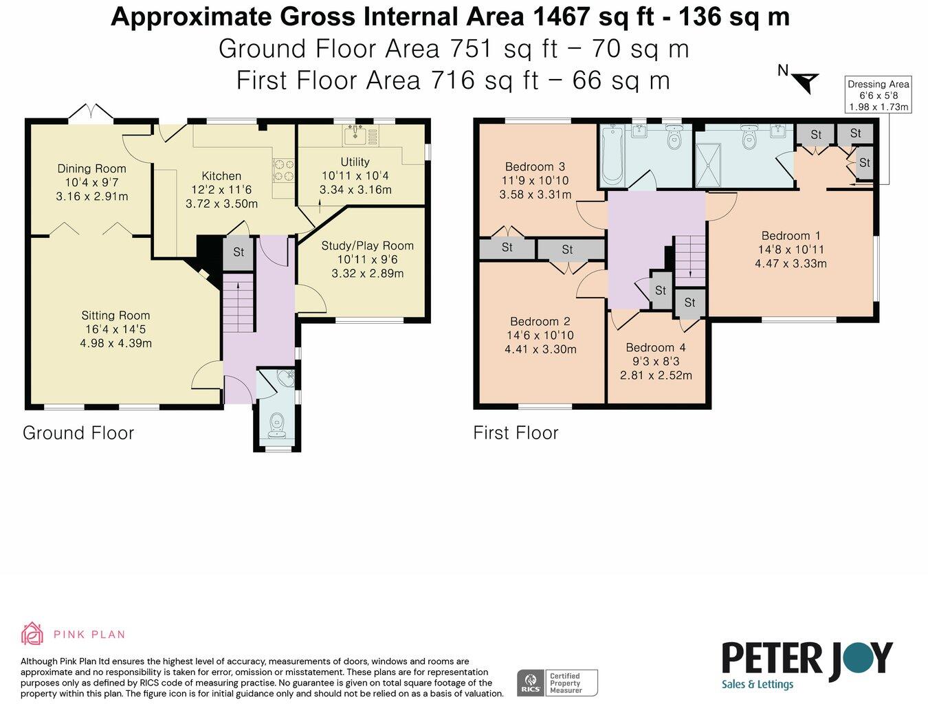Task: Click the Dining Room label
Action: (x=91, y=168)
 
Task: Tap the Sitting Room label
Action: (x=115, y=316)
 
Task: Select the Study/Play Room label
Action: (x=367, y=245)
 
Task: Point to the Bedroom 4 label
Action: (x=656, y=348)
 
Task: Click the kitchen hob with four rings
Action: (x=284, y=170)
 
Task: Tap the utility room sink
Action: (x=355, y=135)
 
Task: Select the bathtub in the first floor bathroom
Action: (x=612, y=157)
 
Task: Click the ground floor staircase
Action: (x=239, y=302)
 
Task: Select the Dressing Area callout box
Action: (x=878, y=95)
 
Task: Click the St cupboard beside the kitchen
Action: (x=239, y=252)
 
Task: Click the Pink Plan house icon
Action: (x=32, y=634)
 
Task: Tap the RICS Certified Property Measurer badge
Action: (x=557, y=683)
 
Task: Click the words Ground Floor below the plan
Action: (x=78, y=433)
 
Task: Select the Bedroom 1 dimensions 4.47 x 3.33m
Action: (x=791, y=263)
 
